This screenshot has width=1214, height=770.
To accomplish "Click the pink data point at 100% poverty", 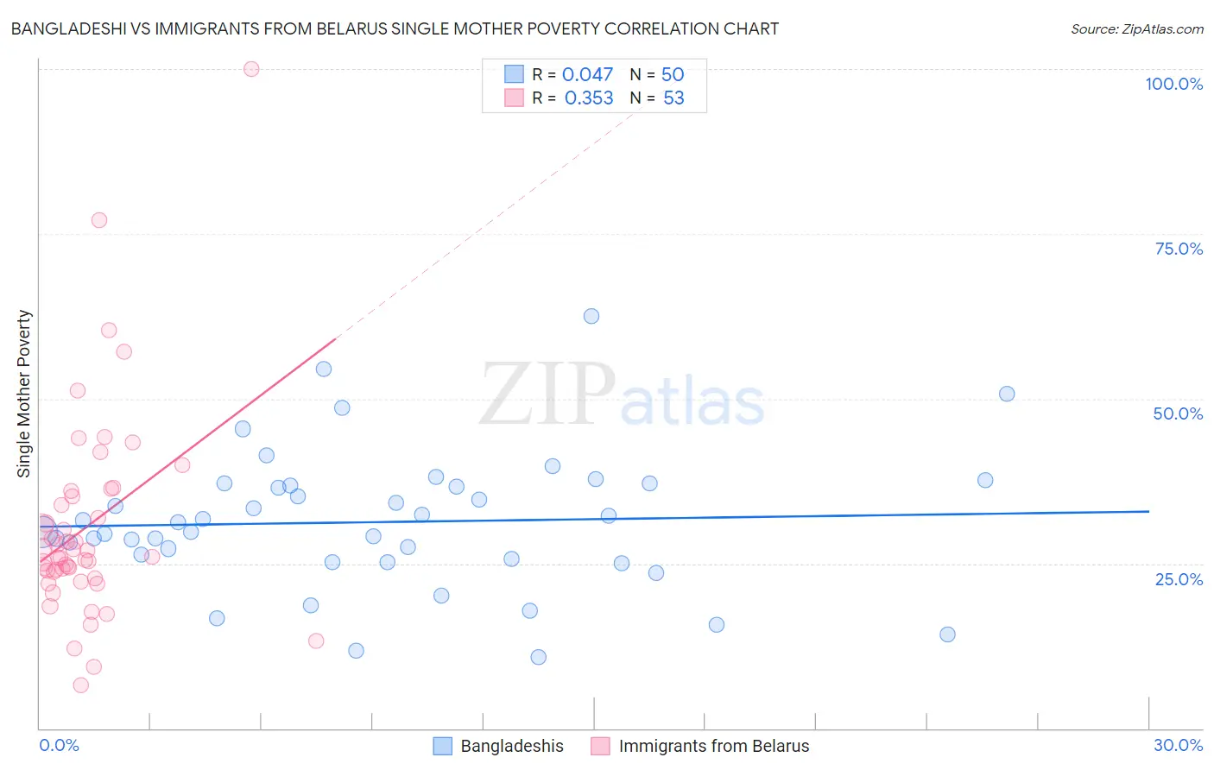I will pos(251,69).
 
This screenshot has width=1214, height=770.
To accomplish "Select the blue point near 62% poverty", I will pos(591,316).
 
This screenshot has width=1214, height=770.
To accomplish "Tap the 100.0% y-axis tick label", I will pos(1173,84).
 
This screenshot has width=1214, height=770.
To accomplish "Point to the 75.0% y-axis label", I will pos(1179,249).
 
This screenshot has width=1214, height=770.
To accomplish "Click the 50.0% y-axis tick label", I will pos(1178,413).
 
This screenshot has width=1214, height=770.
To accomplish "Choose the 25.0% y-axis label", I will pos(1179,579).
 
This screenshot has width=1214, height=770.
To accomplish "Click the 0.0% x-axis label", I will pos(59,745).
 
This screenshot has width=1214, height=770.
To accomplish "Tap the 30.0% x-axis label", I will pos(1178,745).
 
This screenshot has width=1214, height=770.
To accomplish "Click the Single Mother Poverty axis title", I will pos(24,394).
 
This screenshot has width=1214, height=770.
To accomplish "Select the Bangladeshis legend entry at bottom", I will pos(511,746).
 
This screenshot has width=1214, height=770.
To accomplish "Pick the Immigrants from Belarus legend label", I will pos(713,746).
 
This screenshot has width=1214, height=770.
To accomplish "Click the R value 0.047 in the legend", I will pos(587,75).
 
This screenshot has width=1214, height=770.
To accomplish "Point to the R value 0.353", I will pos(589,98).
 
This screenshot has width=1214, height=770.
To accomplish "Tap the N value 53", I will pos(673,98).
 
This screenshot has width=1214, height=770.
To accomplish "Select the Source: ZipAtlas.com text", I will pos(1136,29).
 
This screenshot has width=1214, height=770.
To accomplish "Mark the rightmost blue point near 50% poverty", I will pos(1007,394).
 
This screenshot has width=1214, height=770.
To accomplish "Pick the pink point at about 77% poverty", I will pos(99,220).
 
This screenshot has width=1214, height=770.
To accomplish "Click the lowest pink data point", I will pos(81,685).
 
